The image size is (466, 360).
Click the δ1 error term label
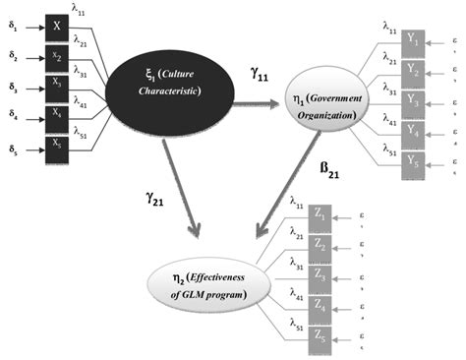click(12, 27)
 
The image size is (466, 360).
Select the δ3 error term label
click(12, 90)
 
